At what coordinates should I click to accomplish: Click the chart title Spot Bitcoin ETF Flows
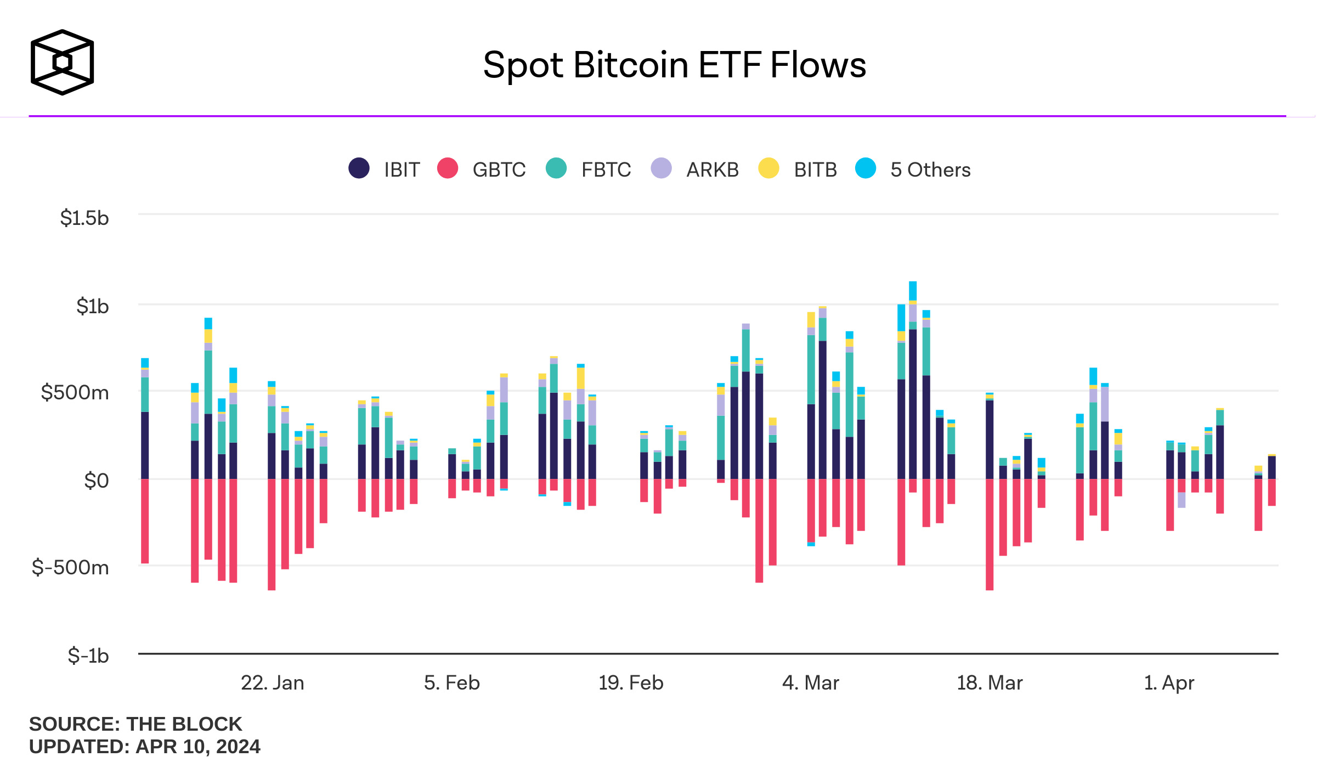coord(674,65)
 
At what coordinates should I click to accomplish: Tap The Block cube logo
coord(63,62)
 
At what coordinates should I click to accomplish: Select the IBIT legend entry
coord(385,170)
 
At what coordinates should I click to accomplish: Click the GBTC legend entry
coord(481,170)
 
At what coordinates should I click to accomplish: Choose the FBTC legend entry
coord(589,170)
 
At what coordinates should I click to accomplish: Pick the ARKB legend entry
coord(695,170)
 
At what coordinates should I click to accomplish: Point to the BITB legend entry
coord(798,170)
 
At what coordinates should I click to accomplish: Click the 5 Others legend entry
coord(913,170)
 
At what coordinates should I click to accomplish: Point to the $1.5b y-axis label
coord(84,218)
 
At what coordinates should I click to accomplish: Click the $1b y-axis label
coord(92,306)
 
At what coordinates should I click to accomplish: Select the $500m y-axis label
coord(75,393)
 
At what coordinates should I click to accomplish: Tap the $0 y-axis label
coord(96,481)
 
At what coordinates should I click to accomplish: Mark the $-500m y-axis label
coord(71,567)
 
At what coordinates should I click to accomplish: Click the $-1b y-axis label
coord(88,656)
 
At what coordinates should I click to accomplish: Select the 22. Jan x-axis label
coord(273,683)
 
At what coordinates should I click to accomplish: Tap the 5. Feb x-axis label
coord(452,683)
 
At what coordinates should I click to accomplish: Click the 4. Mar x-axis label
coord(811,683)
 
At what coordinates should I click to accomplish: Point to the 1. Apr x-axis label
coord(1169,683)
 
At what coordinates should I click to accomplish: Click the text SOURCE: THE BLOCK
coord(135,724)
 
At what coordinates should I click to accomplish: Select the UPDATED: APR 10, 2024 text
coord(145,747)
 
